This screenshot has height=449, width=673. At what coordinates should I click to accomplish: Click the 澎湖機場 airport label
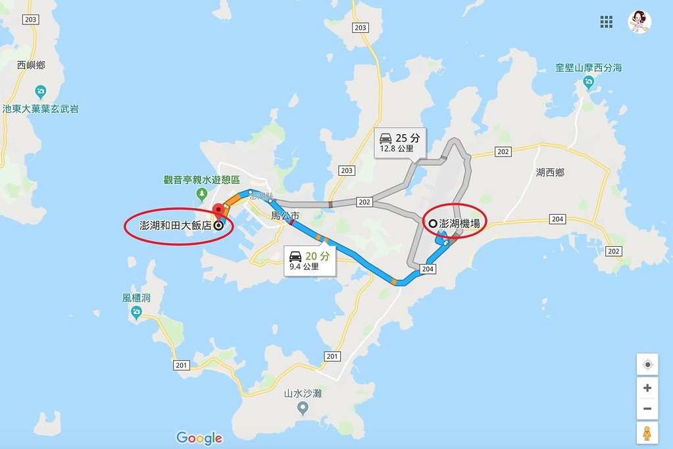459,224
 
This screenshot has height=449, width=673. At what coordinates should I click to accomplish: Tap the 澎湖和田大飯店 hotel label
176,225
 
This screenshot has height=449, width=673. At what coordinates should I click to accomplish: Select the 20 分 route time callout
311,260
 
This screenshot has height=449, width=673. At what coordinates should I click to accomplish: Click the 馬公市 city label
286,215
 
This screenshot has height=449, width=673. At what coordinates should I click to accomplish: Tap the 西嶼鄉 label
31,66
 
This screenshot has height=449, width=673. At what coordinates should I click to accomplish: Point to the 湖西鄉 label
550,172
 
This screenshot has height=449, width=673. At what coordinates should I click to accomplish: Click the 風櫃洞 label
136,298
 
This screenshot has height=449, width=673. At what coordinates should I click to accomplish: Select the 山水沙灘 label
303,394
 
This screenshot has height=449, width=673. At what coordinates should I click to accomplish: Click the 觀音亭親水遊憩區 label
202,180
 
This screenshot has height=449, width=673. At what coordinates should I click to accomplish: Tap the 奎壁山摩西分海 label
588,68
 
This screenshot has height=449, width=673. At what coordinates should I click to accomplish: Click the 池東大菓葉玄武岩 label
40,109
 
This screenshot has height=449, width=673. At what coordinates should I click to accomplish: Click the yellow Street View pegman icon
647,433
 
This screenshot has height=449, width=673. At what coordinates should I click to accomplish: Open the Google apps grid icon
606,22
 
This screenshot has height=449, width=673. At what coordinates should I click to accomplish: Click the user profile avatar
639,22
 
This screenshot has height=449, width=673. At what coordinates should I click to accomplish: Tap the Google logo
199,438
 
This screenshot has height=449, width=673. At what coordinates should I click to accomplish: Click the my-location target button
647,365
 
